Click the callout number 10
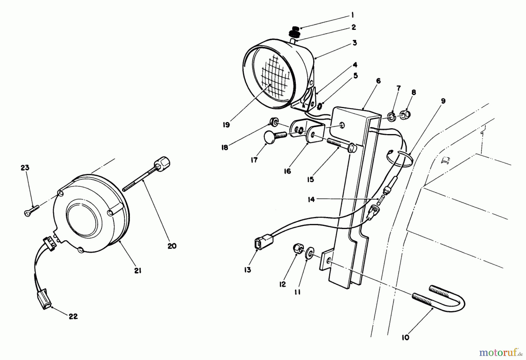pyautogui.click(x=406, y=337)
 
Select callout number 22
pyautogui.click(x=73, y=316)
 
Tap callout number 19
pyautogui.click(x=226, y=125)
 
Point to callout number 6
pyautogui.click(x=378, y=81)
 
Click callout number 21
pyautogui.click(x=138, y=271)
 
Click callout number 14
pyautogui.click(x=311, y=200)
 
